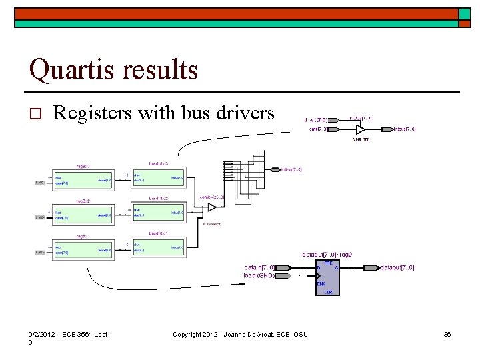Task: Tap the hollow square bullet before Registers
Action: (37, 115)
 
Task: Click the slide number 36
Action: (447, 334)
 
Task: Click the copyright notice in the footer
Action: (240, 334)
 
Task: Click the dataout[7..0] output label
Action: (397, 268)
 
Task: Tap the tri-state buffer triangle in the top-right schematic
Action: (361, 129)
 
